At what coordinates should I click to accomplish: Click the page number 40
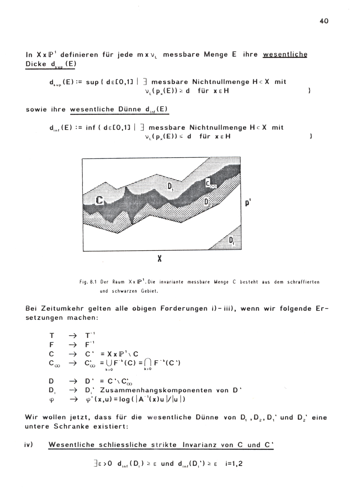coord(324,21)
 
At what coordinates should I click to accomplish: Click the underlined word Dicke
coord(36,64)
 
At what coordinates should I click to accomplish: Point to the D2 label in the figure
coord(207,202)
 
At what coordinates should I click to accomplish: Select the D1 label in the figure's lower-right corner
coord(231,240)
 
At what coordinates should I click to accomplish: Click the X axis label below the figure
coord(159,258)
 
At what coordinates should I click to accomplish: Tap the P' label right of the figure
coord(248,203)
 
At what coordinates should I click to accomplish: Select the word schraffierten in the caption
coord(303,282)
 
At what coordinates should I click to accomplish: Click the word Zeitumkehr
coord(64,308)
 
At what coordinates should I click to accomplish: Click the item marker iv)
coord(29,444)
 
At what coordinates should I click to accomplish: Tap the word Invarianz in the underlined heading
coord(200,445)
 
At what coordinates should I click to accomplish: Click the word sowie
coord(36,109)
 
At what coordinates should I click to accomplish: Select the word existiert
coord(111,426)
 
